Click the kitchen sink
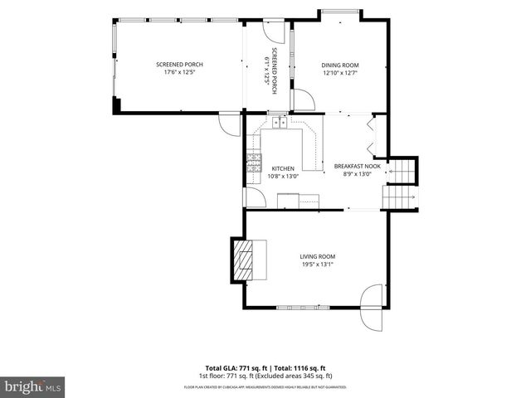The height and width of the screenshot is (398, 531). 280,122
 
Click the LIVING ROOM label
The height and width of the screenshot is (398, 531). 317,257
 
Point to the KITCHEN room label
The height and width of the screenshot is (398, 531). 283,168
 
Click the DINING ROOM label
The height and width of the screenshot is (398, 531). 339,65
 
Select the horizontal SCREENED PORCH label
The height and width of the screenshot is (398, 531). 180,65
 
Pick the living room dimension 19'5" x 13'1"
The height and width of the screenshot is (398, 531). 317,265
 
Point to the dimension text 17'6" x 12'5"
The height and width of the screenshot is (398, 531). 180,72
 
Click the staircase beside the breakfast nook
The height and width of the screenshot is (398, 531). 400,185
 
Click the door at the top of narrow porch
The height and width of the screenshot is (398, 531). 271,27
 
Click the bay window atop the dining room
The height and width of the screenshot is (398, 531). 341,12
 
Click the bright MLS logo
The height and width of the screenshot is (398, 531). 33,386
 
